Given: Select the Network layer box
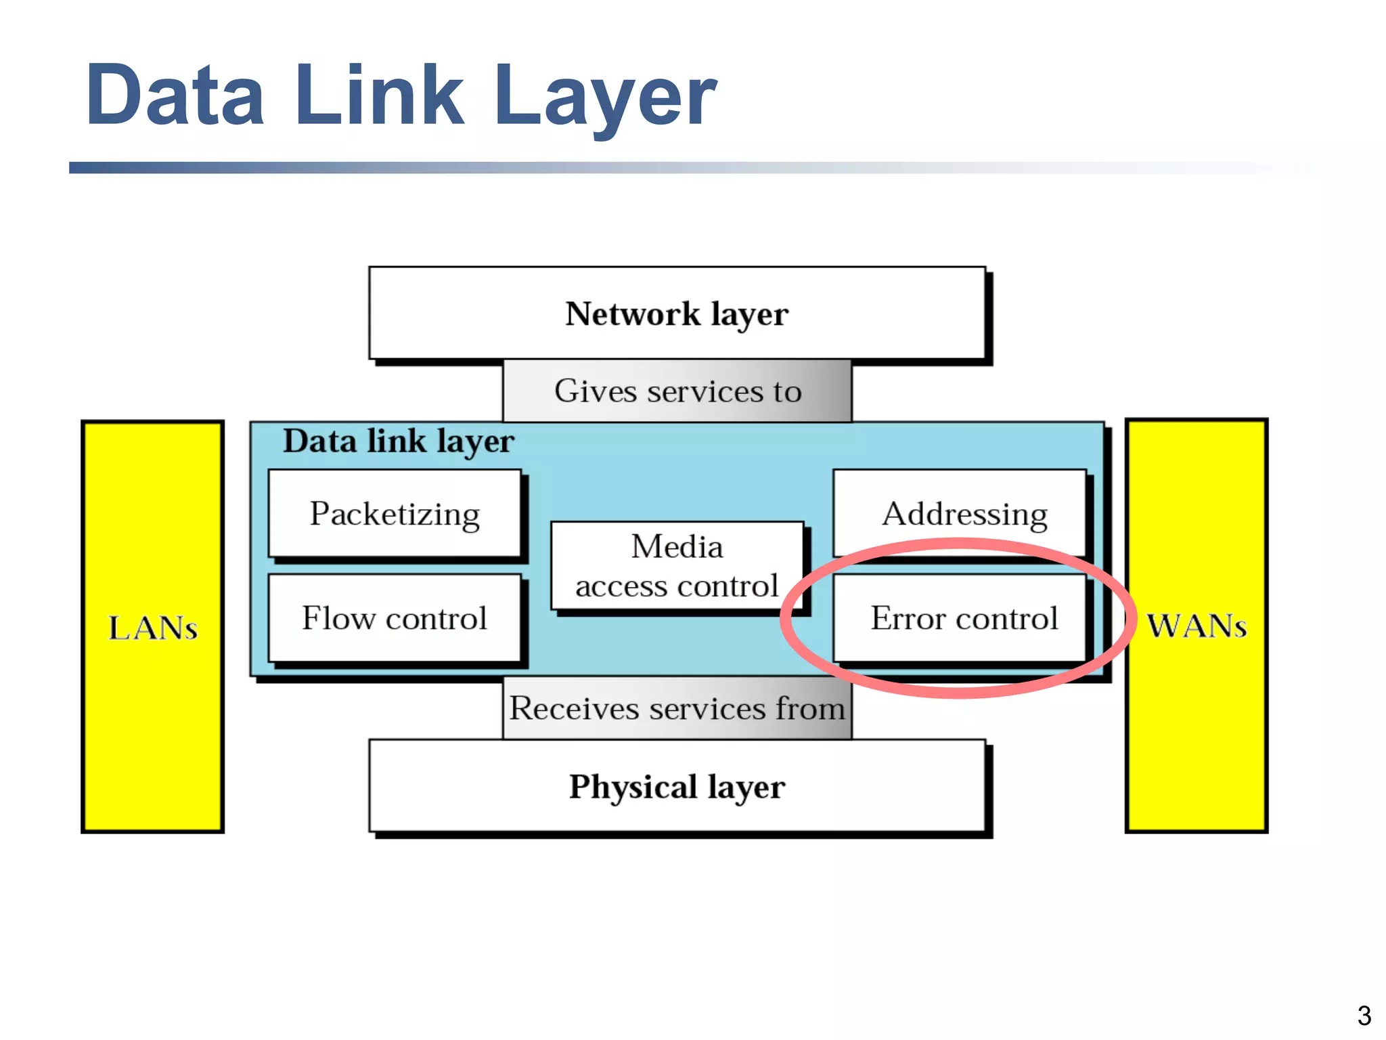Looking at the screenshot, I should click(x=677, y=313).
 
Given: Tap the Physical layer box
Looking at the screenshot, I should click(x=677, y=786).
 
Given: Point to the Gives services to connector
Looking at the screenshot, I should click(x=677, y=391).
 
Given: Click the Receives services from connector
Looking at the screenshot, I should click(x=677, y=708).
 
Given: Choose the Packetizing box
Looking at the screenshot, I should click(x=395, y=514).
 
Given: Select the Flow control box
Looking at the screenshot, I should click(x=395, y=618).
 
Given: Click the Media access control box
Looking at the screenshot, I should click(x=677, y=566).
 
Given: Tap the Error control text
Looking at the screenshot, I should click(x=964, y=618).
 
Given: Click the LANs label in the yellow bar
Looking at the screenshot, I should click(x=153, y=628).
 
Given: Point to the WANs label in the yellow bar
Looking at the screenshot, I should click(x=1197, y=626).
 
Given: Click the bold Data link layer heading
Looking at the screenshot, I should click(x=399, y=441).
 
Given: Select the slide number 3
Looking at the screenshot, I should click(x=1364, y=1016).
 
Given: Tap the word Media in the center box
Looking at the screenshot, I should click(x=677, y=546).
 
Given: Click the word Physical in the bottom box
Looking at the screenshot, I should click(x=633, y=787).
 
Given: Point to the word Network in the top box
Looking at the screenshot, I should click(x=633, y=313).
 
